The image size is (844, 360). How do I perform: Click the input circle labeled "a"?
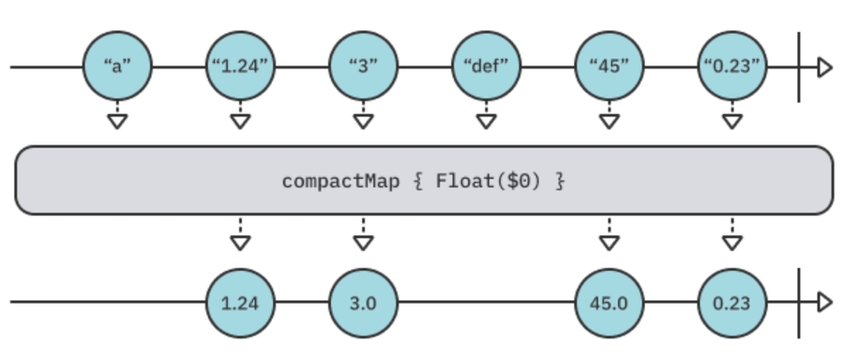(116, 67)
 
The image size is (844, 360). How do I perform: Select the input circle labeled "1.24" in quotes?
(240, 67)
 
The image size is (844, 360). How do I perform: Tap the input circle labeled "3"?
(363, 67)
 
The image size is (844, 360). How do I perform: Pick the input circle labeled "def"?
(486, 67)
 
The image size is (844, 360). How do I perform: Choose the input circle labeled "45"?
(609, 67)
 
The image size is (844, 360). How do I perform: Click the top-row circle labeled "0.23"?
(732, 67)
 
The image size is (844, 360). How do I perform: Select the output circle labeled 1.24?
(240, 303)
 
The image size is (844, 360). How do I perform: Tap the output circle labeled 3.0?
(363, 303)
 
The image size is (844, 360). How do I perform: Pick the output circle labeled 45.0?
(609, 303)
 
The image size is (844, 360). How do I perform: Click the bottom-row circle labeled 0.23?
(732, 303)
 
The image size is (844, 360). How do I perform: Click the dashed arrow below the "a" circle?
(116, 116)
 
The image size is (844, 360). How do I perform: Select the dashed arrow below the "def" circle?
(486, 116)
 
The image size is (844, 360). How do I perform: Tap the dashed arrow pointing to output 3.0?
(363, 237)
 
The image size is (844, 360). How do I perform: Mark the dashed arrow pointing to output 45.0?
(609, 237)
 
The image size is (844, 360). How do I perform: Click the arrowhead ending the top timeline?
(824, 67)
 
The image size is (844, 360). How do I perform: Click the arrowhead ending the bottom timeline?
(824, 303)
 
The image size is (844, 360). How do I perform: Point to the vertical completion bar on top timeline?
(799, 67)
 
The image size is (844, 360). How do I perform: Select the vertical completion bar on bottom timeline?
(799, 303)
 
